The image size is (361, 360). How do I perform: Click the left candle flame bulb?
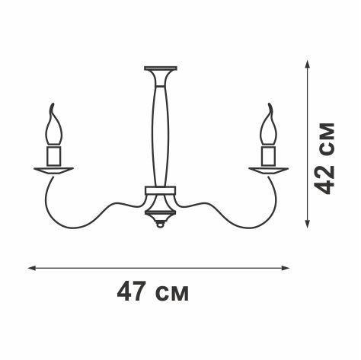coord(53,129)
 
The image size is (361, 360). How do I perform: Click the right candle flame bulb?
coord(268,129)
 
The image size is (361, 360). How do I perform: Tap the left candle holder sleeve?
coord(53,156)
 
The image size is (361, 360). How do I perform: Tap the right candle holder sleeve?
coord(268,156)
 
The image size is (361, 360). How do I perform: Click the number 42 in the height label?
coord(327,179)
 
